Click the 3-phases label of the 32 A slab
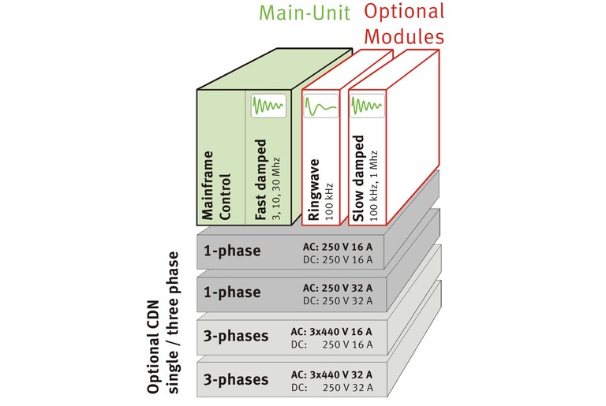tap(236, 379)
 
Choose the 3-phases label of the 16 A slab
tap(236, 336)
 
